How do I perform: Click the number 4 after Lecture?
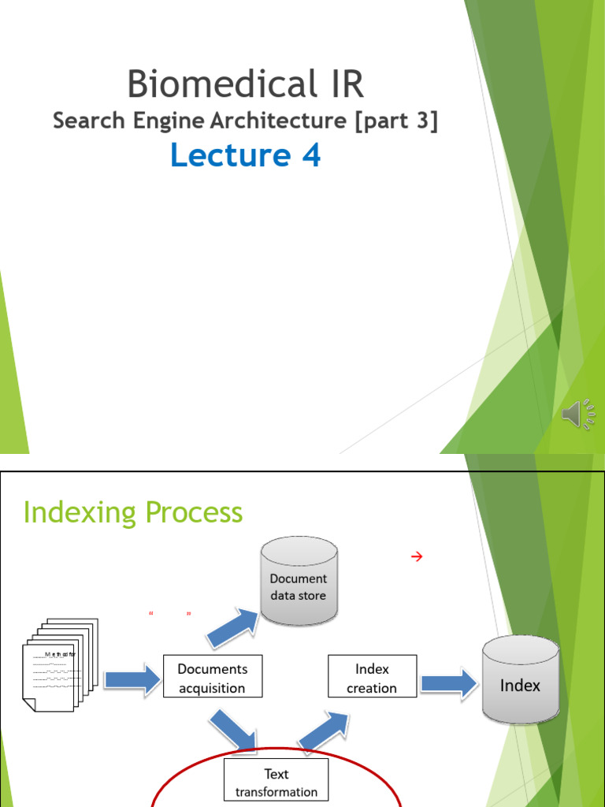pos(310,155)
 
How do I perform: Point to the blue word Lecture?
pos(230,155)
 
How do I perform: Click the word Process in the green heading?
pos(190,512)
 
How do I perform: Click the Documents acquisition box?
pos(212,679)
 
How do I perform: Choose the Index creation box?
pos(372,679)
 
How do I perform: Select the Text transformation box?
pos(277,782)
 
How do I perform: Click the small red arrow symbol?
pos(417,557)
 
